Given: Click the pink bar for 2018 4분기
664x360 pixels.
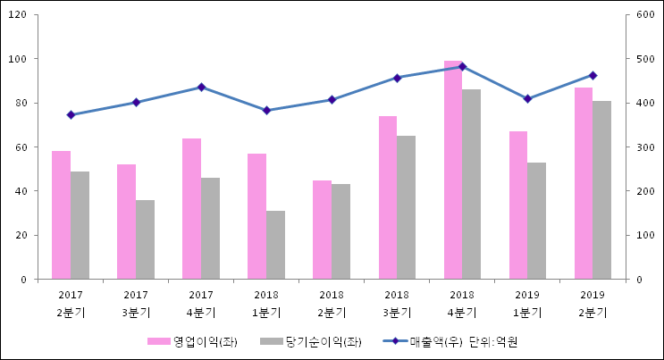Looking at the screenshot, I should point(453,170).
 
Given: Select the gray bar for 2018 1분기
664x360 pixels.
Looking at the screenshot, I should point(275,245).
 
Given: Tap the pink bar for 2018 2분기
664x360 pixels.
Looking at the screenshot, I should point(322,230).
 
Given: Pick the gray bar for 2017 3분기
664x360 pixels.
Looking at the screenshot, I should point(145,239).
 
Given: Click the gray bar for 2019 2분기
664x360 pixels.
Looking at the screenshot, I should point(601,189).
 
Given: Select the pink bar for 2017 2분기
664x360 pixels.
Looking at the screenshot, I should point(61,214).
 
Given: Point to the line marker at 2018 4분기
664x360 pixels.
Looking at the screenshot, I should point(462,66).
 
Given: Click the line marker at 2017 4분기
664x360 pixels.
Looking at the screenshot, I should point(201,87).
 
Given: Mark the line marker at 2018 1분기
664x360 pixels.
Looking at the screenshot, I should point(266,111).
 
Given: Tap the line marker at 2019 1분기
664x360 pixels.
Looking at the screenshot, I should point(527,98).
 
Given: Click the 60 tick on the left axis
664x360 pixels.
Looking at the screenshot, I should point(21,147).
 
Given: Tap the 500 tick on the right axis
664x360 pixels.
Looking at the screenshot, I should point(644,59).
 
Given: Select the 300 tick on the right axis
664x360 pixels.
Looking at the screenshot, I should point(644,147).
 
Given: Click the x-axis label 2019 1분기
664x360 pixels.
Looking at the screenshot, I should point(527,304).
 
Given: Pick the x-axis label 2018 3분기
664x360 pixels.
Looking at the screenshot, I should point(397,304).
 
